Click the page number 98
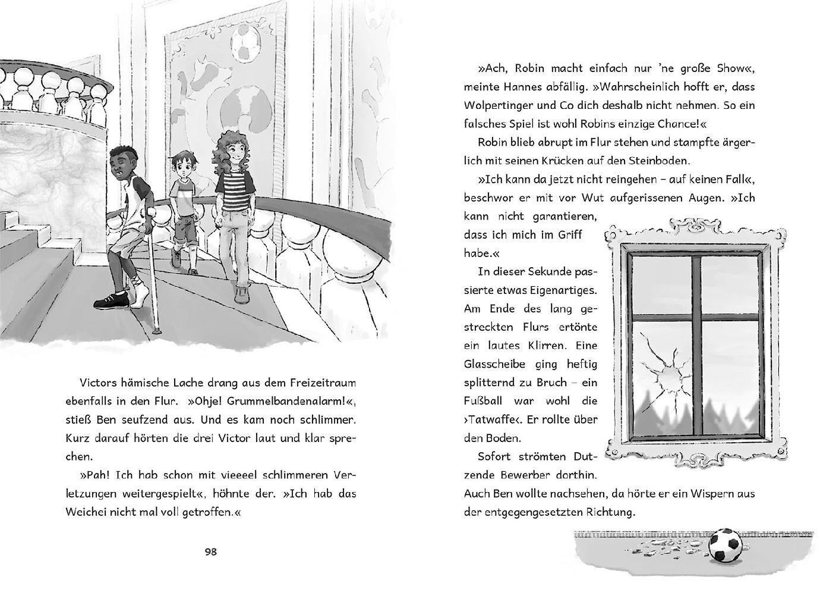[211, 552]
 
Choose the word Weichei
[85, 512]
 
